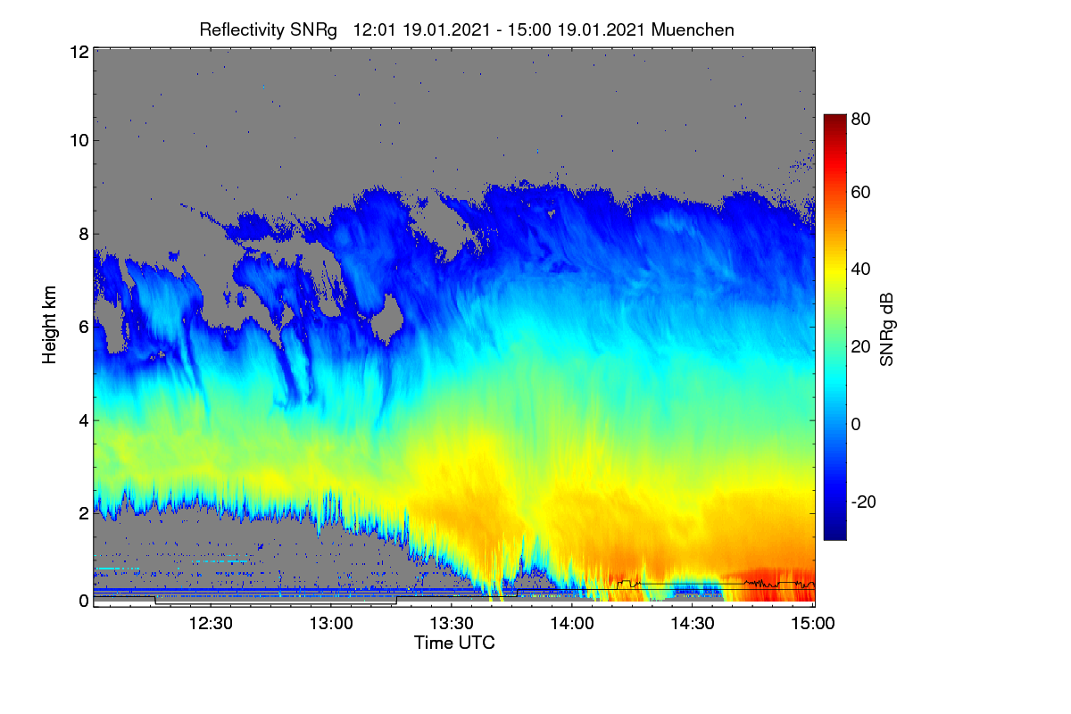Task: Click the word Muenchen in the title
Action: [x=693, y=29]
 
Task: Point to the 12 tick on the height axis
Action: [x=79, y=52]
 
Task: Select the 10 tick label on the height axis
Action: [x=79, y=141]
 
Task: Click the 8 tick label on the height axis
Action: [x=85, y=234]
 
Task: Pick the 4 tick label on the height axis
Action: [x=85, y=421]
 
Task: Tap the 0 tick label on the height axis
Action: [x=85, y=601]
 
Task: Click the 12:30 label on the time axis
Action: [x=211, y=623]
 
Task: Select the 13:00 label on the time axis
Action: [x=331, y=623]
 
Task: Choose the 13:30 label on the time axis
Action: [x=452, y=623]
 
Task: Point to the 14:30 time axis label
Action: [x=693, y=623]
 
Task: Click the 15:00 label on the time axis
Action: [x=813, y=623]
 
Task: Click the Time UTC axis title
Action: [x=454, y=643]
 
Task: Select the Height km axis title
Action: [x=49, y=325]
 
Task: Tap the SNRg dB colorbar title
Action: [x=886, y=330]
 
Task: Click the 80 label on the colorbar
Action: [x=860, y=119]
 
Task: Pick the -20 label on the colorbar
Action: [x=864, y=502]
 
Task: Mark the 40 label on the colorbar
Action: [x=860, y=270]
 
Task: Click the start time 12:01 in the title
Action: [x=374, y=29]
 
